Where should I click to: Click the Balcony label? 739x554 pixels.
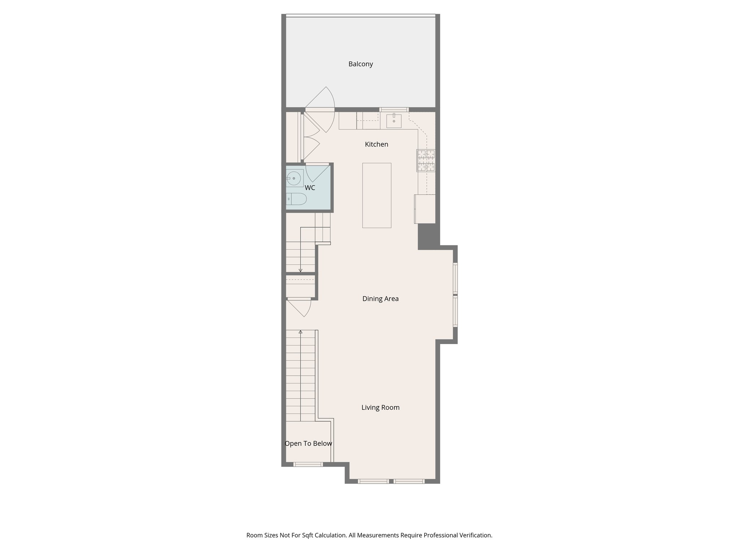point(360,64)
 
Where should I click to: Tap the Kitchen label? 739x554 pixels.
point(376,144)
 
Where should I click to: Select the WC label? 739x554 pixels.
point(310,188)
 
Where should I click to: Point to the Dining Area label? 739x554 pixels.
point(380,299)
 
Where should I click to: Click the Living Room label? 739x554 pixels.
point(380,408)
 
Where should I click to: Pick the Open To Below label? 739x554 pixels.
point(308,444)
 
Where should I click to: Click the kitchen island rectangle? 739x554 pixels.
point(377,195)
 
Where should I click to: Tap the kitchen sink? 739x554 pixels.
point(394,121)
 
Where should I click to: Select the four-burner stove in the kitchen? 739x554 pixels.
point(426,160)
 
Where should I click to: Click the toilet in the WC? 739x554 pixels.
point(297,199)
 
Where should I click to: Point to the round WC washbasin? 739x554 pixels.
point(294,178)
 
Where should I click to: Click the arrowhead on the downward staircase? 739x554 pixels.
point(300,271)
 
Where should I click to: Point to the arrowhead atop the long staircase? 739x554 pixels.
point(300,332)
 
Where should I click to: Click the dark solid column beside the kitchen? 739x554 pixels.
point(427,236)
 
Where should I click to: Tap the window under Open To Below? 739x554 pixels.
point(308,465)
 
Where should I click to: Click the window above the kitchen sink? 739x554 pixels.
point(394,109)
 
